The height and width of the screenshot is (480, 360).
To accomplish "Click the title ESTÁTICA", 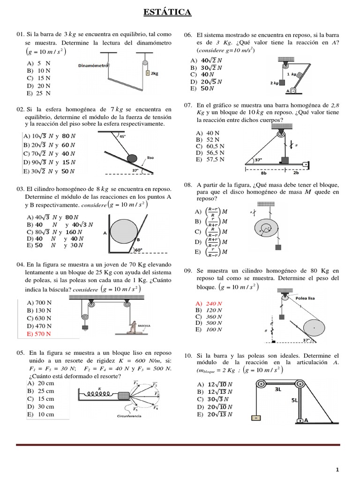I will [167, 12].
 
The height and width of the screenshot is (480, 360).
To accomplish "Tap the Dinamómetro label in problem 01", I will [94, 66].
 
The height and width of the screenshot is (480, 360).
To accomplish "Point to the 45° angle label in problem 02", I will [123, 136].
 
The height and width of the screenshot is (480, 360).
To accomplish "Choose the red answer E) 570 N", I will [39, 333].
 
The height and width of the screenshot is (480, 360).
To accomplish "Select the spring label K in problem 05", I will [99, 388].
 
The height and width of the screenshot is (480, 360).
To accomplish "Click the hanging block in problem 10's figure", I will [256, 418].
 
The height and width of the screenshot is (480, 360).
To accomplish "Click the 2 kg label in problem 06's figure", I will [274, 83].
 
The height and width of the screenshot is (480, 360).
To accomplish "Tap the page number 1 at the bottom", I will [337, 469].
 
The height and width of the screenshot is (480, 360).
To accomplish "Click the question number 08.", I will [188, 185].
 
